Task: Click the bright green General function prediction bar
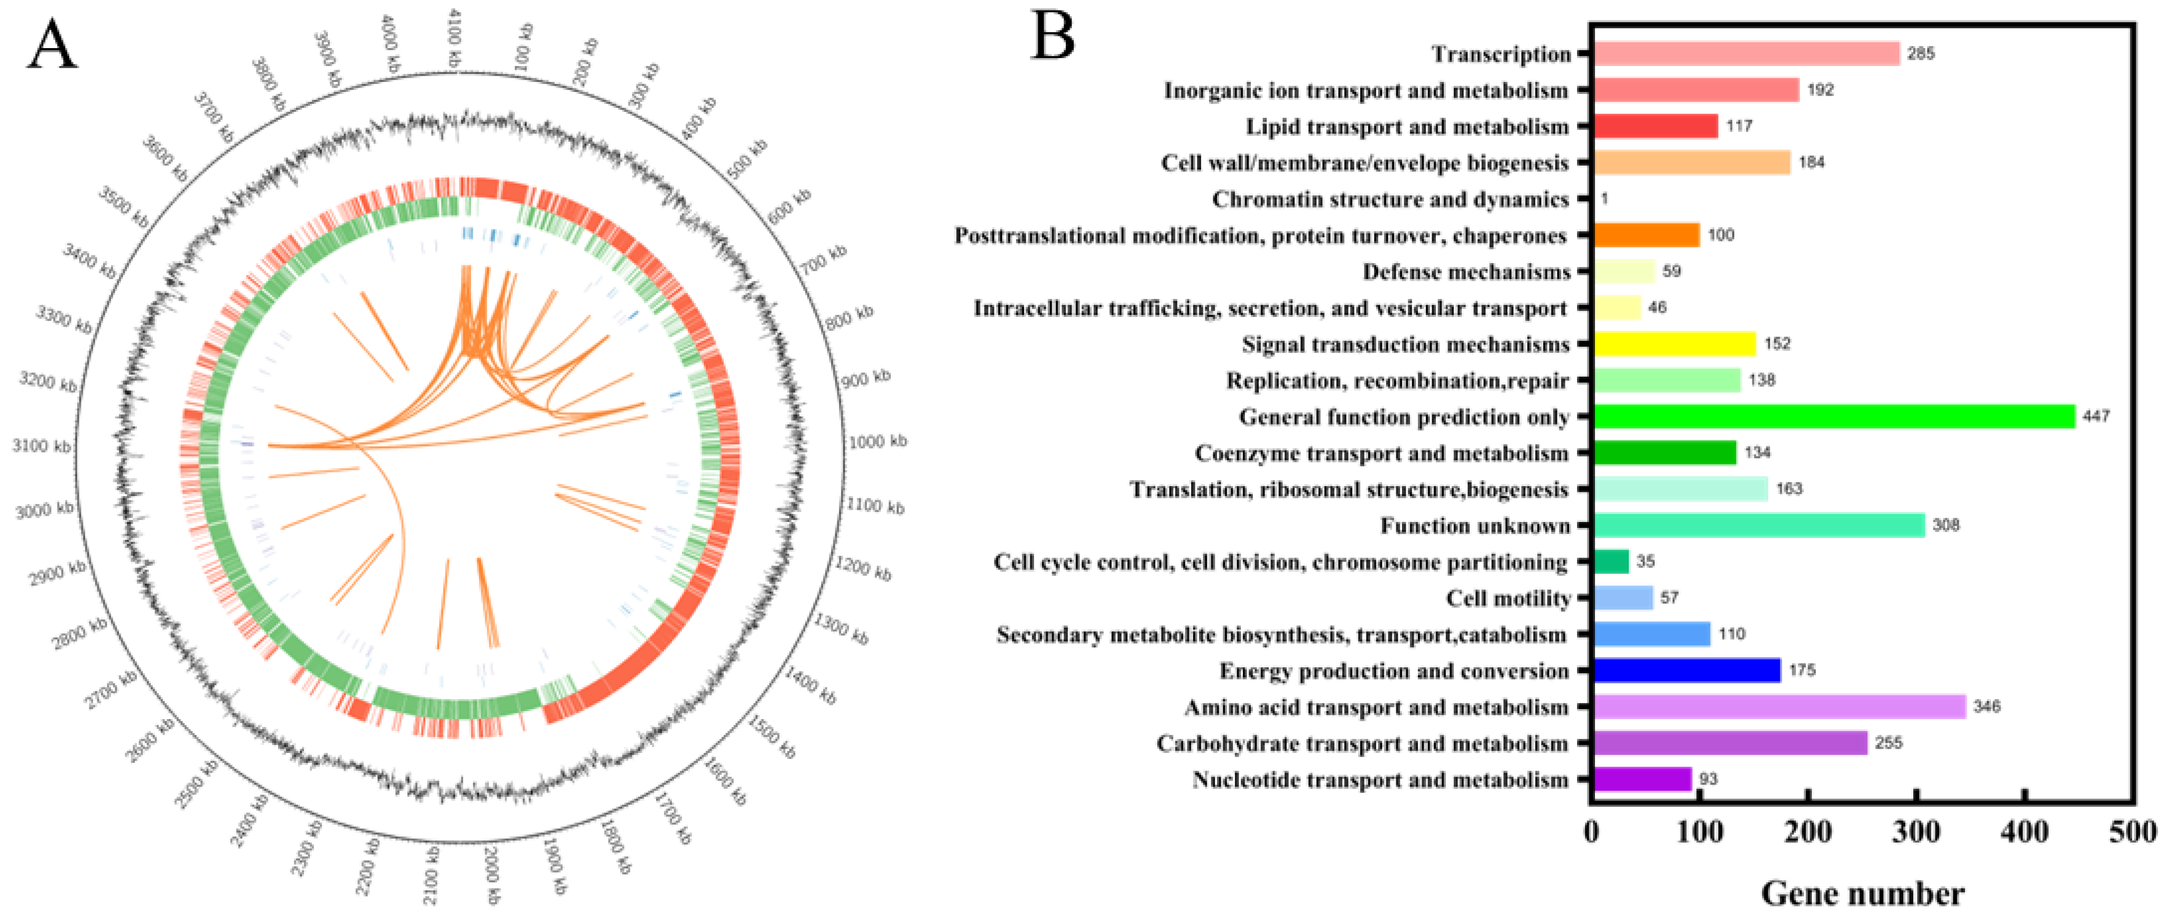click(x=1834, y=416)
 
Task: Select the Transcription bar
click(x=1746, y=54)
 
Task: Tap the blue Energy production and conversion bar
click(x=1686, y=670)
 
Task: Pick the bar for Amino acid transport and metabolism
click(x=1779, y=706)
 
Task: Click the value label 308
click(x=1946, y=525)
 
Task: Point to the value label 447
click(x=2096, y=416)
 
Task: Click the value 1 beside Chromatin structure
click(x=1604, y=199)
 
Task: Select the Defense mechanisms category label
click(x=1467, y=272)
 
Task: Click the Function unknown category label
click(x=1474, y=525)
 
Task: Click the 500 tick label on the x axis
click(x=2132, y=832)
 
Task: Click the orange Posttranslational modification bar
click(x=1646, y=236)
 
